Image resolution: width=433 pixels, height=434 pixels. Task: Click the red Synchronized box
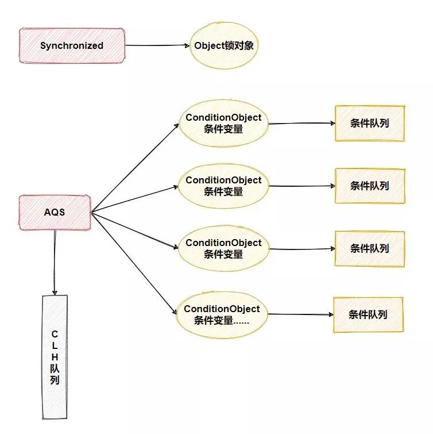(72, 45)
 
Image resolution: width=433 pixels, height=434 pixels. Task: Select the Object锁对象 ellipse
(223, 45)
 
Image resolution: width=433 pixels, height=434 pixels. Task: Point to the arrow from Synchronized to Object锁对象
(157, 45)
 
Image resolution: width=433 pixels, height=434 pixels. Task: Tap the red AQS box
(55, 212)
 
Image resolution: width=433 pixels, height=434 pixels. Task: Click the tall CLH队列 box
(55, 356)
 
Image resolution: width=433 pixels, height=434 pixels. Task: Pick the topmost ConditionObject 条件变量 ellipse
(223, 123)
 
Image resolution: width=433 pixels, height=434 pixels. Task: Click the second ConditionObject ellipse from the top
(223, 186)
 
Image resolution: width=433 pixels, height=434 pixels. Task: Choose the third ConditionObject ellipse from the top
(223, 248)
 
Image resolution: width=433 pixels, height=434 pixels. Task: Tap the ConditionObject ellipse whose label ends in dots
(222, 314)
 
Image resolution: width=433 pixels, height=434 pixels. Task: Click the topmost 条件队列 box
(370, 123)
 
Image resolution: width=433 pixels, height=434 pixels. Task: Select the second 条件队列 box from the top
(370, 186)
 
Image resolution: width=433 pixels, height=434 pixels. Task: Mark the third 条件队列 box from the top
(370, 248)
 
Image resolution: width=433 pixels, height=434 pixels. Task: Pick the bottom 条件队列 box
(368, 314)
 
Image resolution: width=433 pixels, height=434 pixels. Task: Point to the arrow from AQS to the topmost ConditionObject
(135, 167)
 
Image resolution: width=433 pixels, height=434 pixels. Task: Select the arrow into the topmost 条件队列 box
(301, 123)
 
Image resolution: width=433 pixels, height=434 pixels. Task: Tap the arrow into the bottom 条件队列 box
(300, 314)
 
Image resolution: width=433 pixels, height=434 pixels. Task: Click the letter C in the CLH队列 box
(55, 333)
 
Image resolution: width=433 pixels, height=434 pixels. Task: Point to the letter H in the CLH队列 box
(55, 356)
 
